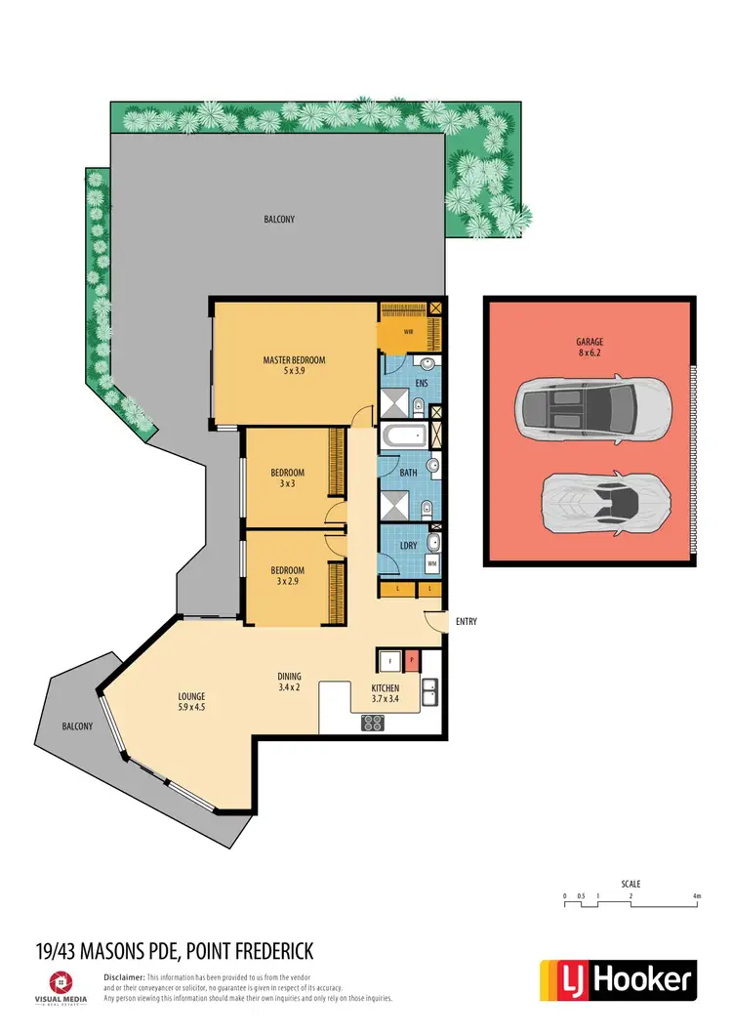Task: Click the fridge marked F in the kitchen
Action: [x=390, y=661]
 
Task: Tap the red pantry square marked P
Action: [x=412, y=661]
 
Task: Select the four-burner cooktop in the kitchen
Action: [x=373, y=724]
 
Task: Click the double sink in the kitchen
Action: [x=429, y=692]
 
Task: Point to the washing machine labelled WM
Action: [x=431, y=563]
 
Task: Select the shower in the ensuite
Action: [x=395, y=400]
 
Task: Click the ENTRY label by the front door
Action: [x=465, y=621]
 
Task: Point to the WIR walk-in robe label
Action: [x=410, y=332]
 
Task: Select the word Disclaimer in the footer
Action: [x=124, y=976]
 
